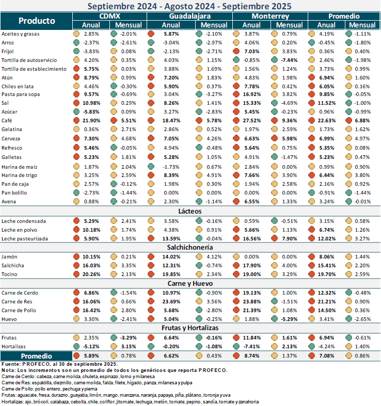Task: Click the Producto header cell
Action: (37, 21)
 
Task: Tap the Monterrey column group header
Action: (271, 17)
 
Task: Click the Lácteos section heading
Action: (190, 211)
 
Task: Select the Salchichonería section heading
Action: (190, 247)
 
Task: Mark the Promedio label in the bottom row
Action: (36, 356)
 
